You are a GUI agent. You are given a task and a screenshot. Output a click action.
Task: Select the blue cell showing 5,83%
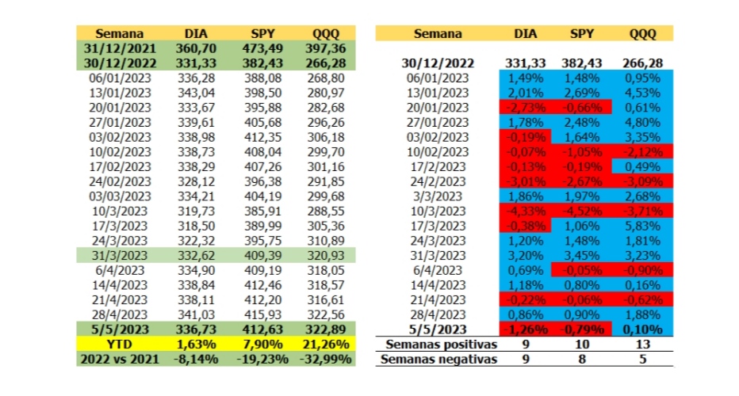click(x=642, y=225)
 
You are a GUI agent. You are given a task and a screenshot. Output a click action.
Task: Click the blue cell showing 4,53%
click(x=642, y=93)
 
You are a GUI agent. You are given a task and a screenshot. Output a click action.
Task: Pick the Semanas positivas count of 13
click(x=642, y=345)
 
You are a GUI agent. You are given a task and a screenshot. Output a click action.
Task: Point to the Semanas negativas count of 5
click(x=642, y=359)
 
